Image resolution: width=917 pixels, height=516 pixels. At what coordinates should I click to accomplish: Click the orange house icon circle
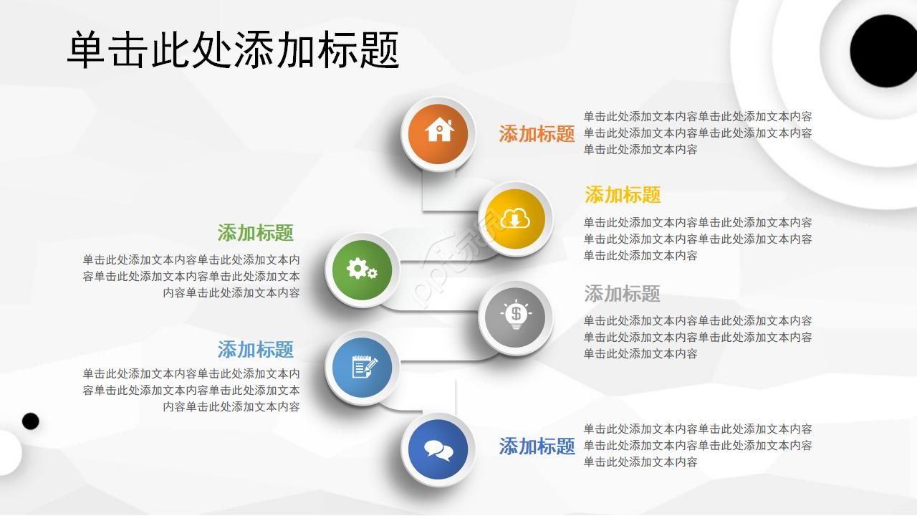click(x=438, y=133)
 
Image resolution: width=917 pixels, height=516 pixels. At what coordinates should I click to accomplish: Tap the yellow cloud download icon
click(x=515, y=219)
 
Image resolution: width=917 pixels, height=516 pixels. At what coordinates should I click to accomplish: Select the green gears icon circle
click(x=362, y=269)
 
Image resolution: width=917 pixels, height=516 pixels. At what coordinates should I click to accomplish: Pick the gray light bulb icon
click(x=515, y=317)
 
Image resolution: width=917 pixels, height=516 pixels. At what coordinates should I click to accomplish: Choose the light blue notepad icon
click(x=363, y=368)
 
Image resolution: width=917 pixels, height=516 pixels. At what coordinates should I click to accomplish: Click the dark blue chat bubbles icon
click(x=438, y=449)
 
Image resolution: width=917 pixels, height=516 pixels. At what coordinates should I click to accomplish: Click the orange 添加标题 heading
click(x=537, y=134)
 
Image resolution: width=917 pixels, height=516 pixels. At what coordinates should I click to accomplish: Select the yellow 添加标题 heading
click(x=623, y=195)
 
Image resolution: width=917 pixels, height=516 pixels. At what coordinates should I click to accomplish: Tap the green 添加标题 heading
click(x=256, y=233)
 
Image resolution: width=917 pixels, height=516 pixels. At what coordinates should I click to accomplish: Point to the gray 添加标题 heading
click(x=622, y=294)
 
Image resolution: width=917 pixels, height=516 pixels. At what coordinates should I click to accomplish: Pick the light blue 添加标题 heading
click(x=256, y=350)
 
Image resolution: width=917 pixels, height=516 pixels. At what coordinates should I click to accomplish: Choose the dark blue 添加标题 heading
click(x=537, y=446)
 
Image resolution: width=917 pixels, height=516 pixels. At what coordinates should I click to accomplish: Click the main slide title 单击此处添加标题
click(x=233, y=50)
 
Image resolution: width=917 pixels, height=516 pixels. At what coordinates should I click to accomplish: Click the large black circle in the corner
click(x=883, y=51)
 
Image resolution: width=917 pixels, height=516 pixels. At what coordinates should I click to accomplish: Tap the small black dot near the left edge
click(x=30, y=421)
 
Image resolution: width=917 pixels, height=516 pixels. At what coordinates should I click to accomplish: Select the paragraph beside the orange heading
click(x=697, y=133)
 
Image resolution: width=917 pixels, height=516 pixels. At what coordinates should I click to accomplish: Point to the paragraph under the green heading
click(x=191, y=276)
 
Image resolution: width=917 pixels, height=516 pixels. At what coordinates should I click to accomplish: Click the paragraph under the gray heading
click(x=697, y=337)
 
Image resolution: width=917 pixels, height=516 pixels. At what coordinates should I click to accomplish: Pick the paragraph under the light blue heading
click(x=191, y=390)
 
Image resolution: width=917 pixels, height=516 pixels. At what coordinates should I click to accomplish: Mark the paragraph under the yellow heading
click(x=697, y=239)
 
